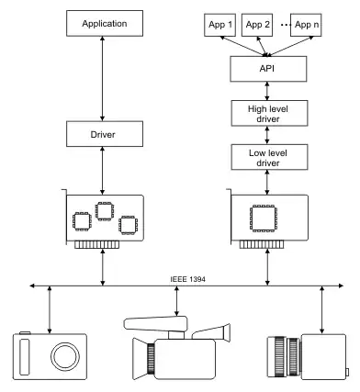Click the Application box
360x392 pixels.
pyautogui.click(x=105, y=24)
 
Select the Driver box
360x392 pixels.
pyautogui.click(x=105, y=134)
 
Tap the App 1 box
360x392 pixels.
pyautogui.click(x=220, y=25)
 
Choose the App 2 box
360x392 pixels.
pyautogui.click(x=257, y=25)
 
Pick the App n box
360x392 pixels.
pyautogui.click(x=306, y=25)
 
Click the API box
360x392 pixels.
pyautogui.click(x=268, y=69)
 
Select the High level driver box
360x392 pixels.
pyautogui.click(x=269, y=113)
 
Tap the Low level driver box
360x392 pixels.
pyautogui.click(x=269, y=157)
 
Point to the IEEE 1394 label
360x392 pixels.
pyautogui.click(x=187, y=279)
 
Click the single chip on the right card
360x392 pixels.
pyautogui.click(x=264, y=218)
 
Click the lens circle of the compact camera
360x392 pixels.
pyautogui.click(x=65, y=357)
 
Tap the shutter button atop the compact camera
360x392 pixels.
pyautogui.click(x=25, y=332)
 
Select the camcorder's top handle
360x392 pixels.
pyautogui.click(x=155, y=324)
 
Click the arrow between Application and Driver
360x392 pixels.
pyautogui.click(x=102, y=79)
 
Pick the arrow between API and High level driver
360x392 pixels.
pyautogui.click(x=267, y=91)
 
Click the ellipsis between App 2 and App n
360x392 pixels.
pyautogui.click(x=286, y=25)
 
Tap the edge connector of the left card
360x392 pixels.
pyautogui.click(x=96, y=245)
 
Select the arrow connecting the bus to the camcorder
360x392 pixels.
pyautogui.click(x=176, y=301)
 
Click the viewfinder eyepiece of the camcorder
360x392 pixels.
pyautogui.click(x=226, y=332)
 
